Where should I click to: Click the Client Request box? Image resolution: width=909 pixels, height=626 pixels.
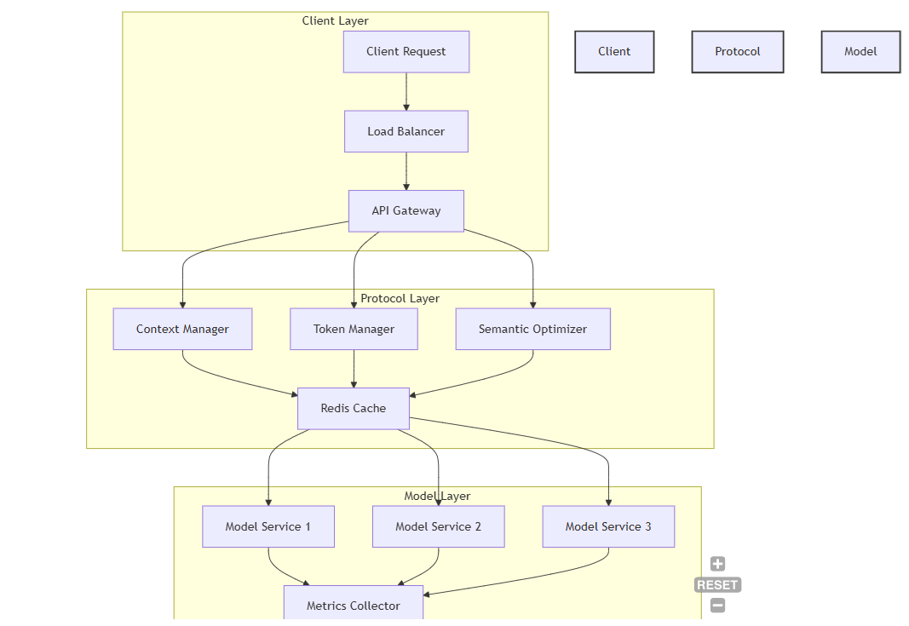click(x=406, y=52)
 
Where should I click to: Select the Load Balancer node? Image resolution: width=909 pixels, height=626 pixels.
click(x=406, y=131)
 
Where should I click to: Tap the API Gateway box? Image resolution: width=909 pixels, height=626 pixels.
click(x=406, y=210)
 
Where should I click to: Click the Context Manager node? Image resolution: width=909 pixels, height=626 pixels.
click(x=182, y=329)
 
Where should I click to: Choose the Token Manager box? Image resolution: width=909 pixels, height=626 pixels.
click(x=354, y=329)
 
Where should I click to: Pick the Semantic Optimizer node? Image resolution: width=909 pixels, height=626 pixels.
click(x=532, y=329)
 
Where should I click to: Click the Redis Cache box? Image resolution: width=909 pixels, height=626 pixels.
click(x=353, y=408)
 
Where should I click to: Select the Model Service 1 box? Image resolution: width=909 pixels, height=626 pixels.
click(x=268, y=526)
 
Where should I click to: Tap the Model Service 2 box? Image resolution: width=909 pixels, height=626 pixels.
click(x=438, y=526)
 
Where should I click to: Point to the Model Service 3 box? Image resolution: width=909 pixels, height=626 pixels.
click(x=608, y=526)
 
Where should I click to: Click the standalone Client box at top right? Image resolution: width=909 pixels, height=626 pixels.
click(x=614, y=52)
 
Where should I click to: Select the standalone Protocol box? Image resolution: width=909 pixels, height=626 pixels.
click(x=737, y=52)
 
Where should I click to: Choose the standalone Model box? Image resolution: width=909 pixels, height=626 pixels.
click(x=860, y=52)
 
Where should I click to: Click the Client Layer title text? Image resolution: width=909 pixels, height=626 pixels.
click(x=335, y=20)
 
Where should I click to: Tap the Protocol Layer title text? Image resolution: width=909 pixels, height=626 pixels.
click(x=400, y=298)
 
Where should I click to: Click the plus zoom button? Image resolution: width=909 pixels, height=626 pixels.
click(x=717, y=564)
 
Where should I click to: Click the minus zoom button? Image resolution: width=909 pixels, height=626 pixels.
click(x=717, y=606)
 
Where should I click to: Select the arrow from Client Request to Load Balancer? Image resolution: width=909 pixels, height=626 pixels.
click(x=406, y=91)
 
